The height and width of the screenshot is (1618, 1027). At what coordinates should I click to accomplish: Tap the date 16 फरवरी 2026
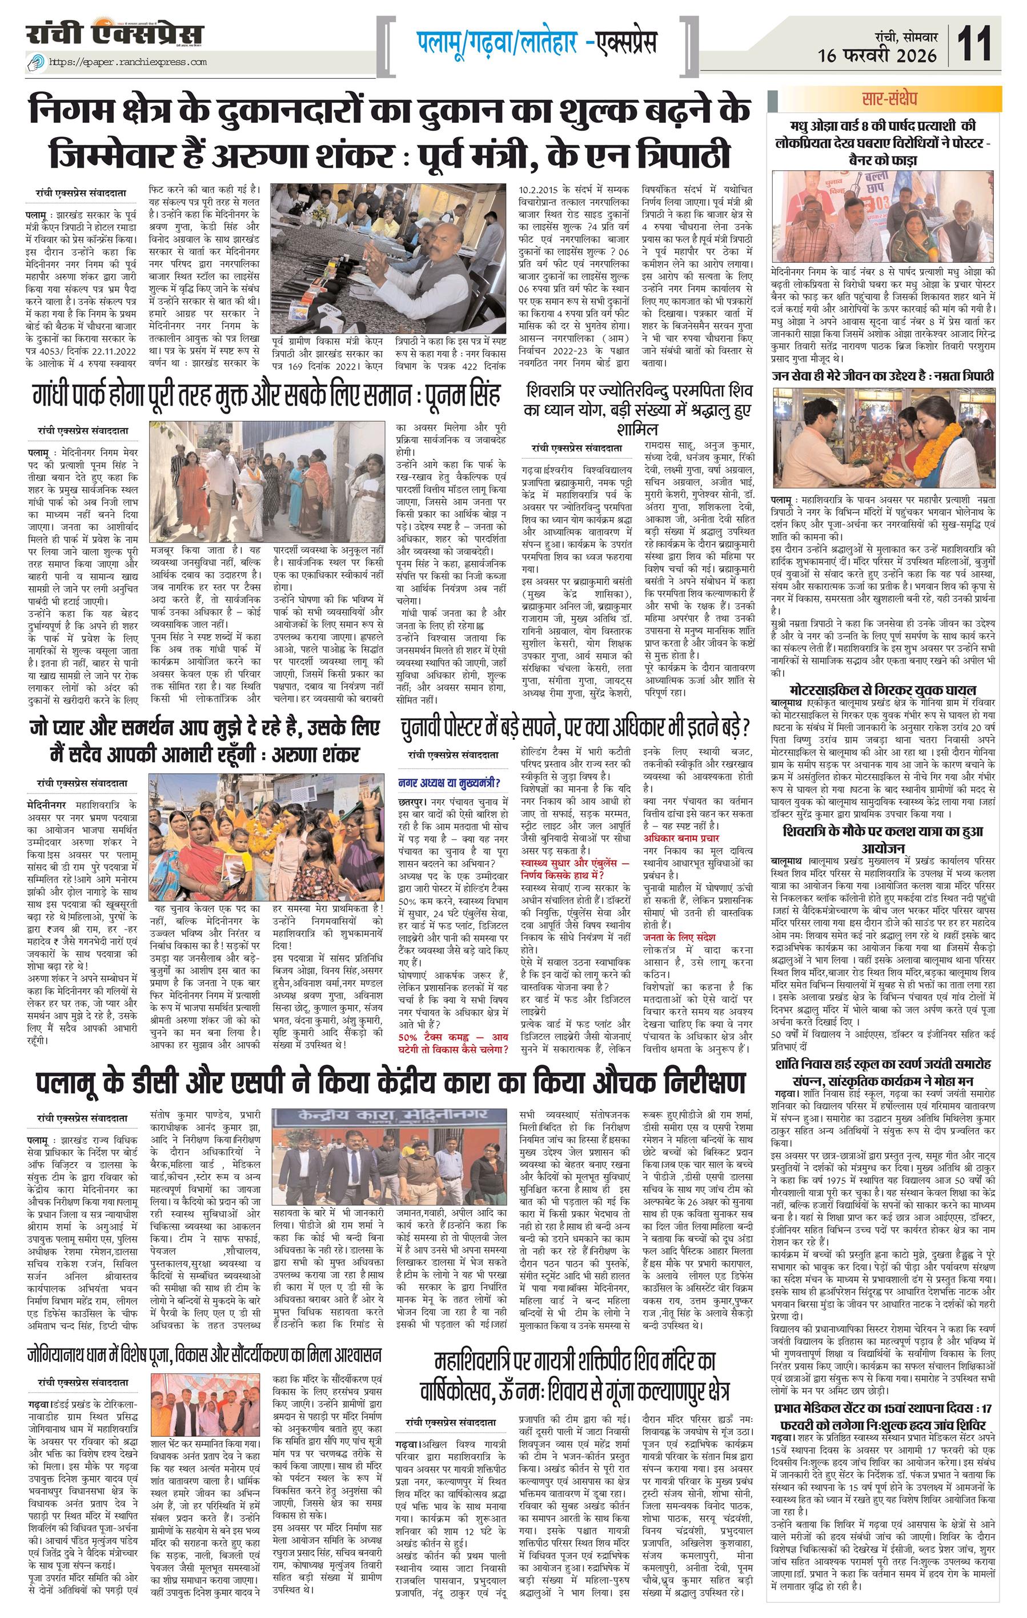[x=877, y=56]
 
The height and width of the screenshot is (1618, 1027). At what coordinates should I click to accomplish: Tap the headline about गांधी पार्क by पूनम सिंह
[x=267, y=397]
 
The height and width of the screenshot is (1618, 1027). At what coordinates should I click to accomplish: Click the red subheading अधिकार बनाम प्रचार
[x=680, y=838]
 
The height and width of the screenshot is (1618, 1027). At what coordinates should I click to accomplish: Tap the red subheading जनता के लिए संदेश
[x=679, y=938]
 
